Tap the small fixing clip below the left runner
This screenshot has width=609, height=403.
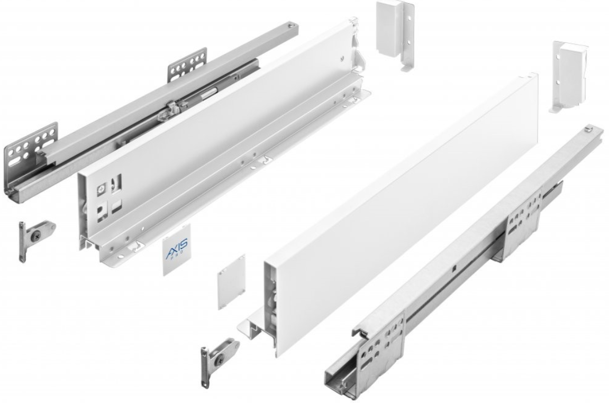(35, 237)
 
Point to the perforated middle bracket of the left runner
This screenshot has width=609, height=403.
(187, 65)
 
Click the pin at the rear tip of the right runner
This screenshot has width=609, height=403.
(588, 129)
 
